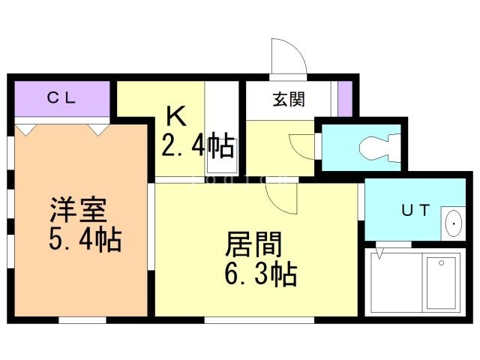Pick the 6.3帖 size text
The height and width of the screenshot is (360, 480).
259,274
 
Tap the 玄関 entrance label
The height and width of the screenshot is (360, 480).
287,99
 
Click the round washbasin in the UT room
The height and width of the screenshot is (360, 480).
454,223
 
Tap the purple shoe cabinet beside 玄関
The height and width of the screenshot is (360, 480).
344,97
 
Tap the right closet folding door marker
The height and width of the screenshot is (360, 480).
98,129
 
